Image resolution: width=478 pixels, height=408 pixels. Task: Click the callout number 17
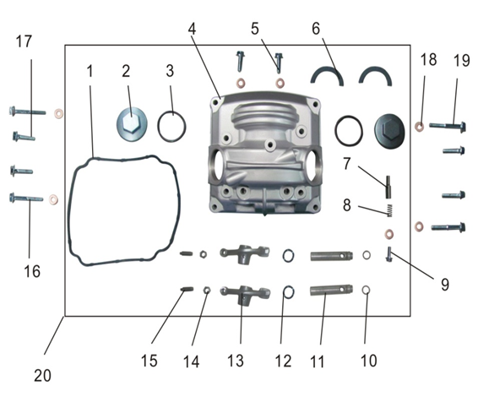pyautogui.click(x=24, y=41)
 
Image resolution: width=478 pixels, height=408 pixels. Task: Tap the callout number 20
pyautogui.click(x=42, y=375)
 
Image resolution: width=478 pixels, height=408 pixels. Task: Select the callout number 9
pyautogui.click(x=445, y=284)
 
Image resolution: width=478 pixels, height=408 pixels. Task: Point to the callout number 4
pyautogui.click(x=192, y=29)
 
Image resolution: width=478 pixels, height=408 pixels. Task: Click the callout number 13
pyautogui.click(x=236, y=361)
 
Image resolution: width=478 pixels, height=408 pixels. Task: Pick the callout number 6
pyautogui.click(x=316, y=29)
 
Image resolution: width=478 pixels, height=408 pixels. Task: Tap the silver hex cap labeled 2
pyautogui.click(x=132, y=124)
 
